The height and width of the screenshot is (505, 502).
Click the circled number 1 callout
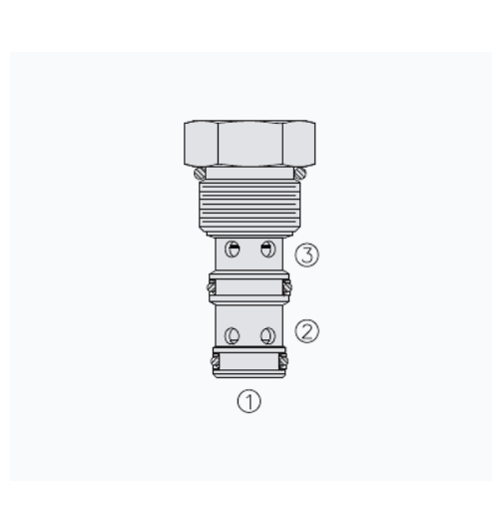point(249,401)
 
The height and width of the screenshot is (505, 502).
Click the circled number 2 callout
point(306,331)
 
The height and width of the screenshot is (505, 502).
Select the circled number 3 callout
point(306,254)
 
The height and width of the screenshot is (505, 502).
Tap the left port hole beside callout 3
point(233,250)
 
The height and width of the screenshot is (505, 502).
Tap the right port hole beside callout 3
point(267,250)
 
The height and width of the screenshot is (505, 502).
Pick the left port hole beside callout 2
point(233,335)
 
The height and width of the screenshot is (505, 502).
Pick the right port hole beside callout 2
point(267,335)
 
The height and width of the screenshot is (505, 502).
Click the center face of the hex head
point(251,144)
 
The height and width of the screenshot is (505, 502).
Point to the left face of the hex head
point(201,144)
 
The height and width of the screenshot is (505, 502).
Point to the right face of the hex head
point(299,144)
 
